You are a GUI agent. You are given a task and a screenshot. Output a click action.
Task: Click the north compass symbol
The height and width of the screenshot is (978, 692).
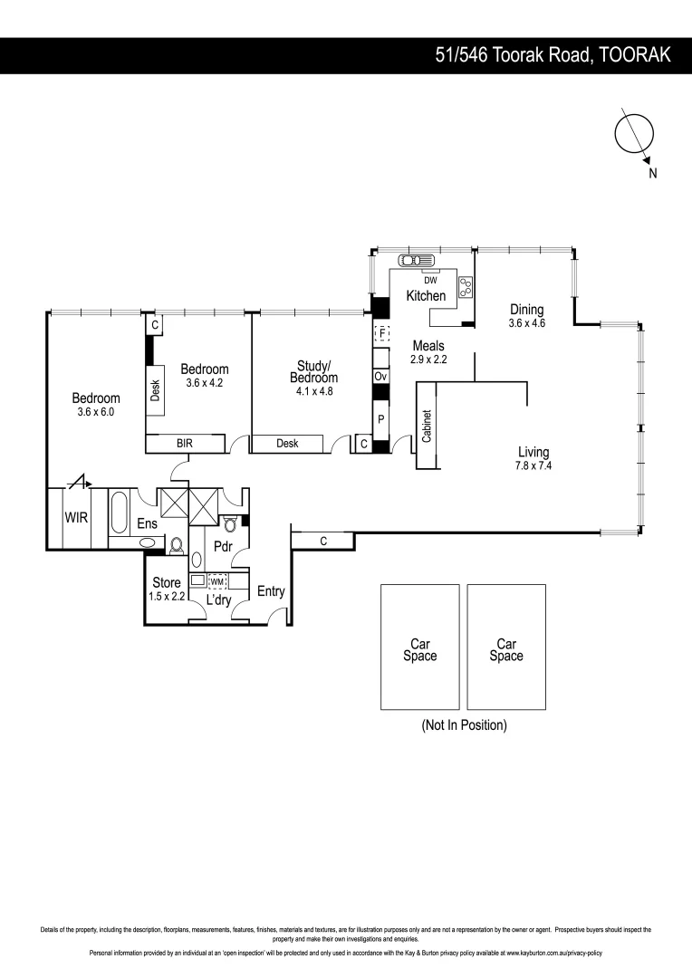point(634,134)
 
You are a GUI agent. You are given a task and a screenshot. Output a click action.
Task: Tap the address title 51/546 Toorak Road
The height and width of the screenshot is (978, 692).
point(553,55)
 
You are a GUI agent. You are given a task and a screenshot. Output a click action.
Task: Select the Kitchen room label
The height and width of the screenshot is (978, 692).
point(426,296)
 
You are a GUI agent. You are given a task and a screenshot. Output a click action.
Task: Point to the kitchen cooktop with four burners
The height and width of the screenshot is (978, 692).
point(467,287)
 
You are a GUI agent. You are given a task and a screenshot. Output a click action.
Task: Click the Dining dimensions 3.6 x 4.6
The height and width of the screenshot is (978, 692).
point(526,323)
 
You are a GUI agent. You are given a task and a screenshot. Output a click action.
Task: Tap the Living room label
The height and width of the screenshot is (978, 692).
point(533,453)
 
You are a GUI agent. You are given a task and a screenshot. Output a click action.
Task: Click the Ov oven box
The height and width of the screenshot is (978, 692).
point(380,376)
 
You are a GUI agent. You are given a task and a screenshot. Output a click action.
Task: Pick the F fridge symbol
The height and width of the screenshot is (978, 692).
point(381,334)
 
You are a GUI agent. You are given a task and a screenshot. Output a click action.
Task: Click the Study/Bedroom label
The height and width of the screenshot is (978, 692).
point(313,372)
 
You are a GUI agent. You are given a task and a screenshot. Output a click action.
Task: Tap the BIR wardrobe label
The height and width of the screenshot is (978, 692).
point(185,444)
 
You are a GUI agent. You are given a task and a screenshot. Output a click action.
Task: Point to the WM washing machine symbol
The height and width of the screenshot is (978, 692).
point(217,582)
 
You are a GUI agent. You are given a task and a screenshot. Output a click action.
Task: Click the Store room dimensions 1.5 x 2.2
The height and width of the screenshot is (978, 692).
point(166,597)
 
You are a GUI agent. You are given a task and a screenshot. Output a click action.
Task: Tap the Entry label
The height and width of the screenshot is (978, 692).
point(271,592)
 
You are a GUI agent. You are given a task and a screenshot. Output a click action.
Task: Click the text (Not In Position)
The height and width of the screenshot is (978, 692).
point(464,725)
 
